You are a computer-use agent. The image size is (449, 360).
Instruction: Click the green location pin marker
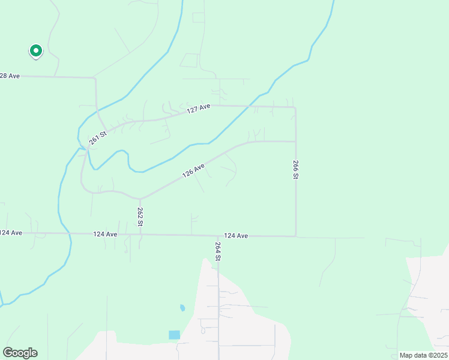pyautogui.click(x=35, y=51)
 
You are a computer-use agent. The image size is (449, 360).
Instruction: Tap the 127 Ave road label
pyautogui.click(x=199, y=109)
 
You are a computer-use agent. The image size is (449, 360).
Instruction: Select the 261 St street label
pyautogui.click(x=98, y=138)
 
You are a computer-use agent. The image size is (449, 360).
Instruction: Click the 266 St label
pyautogui.click(x=296, y=169)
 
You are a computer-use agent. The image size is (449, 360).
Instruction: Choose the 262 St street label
pyautogui.click(x=140, y=216)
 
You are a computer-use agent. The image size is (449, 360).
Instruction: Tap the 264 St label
pyautogui.click(x=218, y=250)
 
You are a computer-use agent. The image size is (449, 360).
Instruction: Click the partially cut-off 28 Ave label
pyautogui.click(x=10, y=76)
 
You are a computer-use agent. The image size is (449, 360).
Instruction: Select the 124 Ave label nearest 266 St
pyautogui.click(x=236, y=236)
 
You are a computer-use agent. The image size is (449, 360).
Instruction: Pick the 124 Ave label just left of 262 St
pyautogui.click(x=105, y=234)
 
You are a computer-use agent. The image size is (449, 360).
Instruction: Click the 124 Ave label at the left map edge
pyautogui.click(x=11, y=232)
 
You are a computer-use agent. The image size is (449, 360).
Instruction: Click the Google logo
pyautogui.click(x=20, y=352)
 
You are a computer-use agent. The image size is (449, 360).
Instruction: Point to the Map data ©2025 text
pyautogui.click(x=423, y=355)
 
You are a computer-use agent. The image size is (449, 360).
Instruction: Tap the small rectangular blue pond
pyautogui.click(x=174, y=335)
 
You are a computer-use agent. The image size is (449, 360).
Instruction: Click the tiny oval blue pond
pyautogui.click(x=182, y=308)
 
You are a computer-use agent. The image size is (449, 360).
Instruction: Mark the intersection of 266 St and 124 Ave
pyautogui.click(x=295, y=236)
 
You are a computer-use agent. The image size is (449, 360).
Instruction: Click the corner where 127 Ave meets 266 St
pyautogui.click(x=295, y=108)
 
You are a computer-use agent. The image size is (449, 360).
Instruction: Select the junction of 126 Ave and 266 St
pyautogui.click(x=295, y=142)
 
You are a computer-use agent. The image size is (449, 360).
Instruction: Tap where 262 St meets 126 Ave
pyautogui.click(x=140, y=199)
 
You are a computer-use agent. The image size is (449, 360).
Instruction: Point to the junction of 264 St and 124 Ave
pyautogui.click(x=218, y=236)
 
